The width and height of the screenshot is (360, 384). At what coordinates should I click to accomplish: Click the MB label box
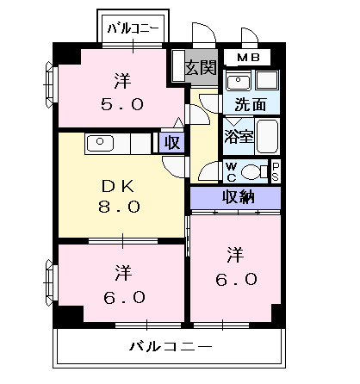click(x=247, y=59)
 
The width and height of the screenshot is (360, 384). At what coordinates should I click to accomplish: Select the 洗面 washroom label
click(x=250, y=105)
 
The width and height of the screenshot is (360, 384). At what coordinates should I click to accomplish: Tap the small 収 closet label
click(x=171, y=142)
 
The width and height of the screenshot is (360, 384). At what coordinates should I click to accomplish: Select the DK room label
click(x=121, y=186)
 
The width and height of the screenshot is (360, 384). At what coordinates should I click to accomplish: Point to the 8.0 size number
click(x=121, y=207)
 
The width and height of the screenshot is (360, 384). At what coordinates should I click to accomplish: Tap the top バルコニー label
click(x=133, y=28)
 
